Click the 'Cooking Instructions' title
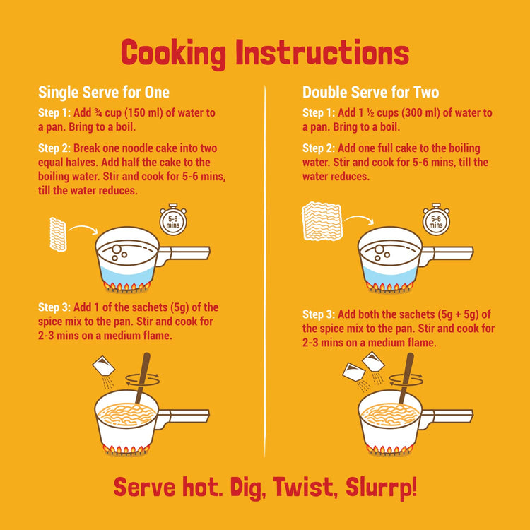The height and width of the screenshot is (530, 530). [265, 53]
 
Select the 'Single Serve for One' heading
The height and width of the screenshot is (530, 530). [103, 93]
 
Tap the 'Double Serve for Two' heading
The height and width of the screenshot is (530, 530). [370, 93]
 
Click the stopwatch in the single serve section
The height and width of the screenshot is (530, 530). [172, 221]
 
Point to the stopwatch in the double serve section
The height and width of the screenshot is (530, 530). [436, 221]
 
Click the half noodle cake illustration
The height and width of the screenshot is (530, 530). [58, 233]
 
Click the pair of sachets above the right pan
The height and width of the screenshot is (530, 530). [363, 367]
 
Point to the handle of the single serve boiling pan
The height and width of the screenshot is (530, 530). [185, 252]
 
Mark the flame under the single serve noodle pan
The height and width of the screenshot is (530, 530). [127, 449]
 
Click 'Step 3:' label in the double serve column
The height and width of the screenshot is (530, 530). [319, 314]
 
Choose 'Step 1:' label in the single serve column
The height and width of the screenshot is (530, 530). [54, 113]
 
